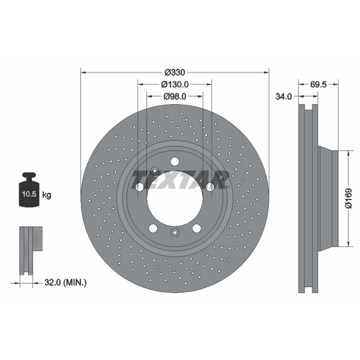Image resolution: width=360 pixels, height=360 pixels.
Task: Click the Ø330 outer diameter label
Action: [175, 72]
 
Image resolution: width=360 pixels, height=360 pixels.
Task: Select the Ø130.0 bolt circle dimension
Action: [175, 85]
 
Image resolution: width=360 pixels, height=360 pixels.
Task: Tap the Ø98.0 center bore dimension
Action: [175, 96]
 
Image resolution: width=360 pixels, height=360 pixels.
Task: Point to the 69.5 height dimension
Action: [318, 85]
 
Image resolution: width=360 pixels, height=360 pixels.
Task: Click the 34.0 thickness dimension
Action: [283, 96]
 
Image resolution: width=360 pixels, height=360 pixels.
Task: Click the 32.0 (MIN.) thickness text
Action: [65, 283]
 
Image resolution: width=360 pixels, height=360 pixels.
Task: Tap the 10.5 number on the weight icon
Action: [29, 194]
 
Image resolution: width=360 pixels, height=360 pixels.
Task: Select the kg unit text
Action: [47, 195]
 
